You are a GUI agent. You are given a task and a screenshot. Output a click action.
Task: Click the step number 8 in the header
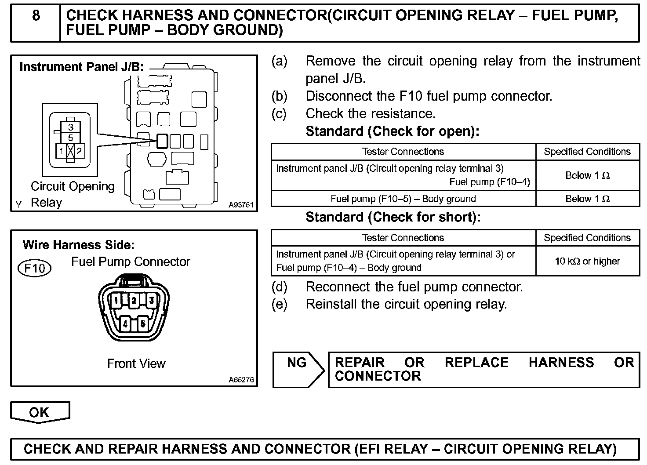pyautogui.click(x=36, y=16)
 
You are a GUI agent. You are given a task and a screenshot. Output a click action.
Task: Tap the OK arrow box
pyautogui.click(x=40, y=412)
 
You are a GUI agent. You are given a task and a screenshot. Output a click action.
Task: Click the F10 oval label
pyautogui.click(x=34, y=268)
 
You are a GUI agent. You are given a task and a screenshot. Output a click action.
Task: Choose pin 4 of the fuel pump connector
pyautogui.click(x=125, y=324)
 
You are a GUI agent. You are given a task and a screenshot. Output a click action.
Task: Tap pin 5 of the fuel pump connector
pyautogui.click(x=142, y=324)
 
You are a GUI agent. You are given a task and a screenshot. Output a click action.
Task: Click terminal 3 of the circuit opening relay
pyautogui.click(x=70, y=128)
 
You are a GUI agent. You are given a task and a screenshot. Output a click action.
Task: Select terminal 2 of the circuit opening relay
pyautogui.click(x=79, y=152)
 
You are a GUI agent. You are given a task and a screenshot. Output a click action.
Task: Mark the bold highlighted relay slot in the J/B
pyautogui.click(x=162, y=141)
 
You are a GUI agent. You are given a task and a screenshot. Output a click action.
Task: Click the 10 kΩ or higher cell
pyautogui.click(x=587, y=261)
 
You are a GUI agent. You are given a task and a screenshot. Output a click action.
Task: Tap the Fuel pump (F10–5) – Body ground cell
pyautogui.click(x=403, y=199)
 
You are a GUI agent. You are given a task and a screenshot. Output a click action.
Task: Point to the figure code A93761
pyautogui.click(x=241, y=205)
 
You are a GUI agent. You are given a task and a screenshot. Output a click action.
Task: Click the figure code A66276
pyautogui.click(x=241, y=380)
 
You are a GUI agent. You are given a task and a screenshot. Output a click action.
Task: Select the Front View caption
pyautogui.click(x=136, y=363)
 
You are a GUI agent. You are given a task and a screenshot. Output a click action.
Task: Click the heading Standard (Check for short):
pyautogui.click(x=393, y=217)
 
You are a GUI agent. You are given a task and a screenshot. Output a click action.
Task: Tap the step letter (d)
pyautogui.click(x=280, y=287)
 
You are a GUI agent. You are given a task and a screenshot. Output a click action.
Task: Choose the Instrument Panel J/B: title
pyautogui.click(x=82, y=67)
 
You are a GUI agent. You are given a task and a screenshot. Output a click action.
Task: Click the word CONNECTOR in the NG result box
pyautogui.click(x=378, y=376)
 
